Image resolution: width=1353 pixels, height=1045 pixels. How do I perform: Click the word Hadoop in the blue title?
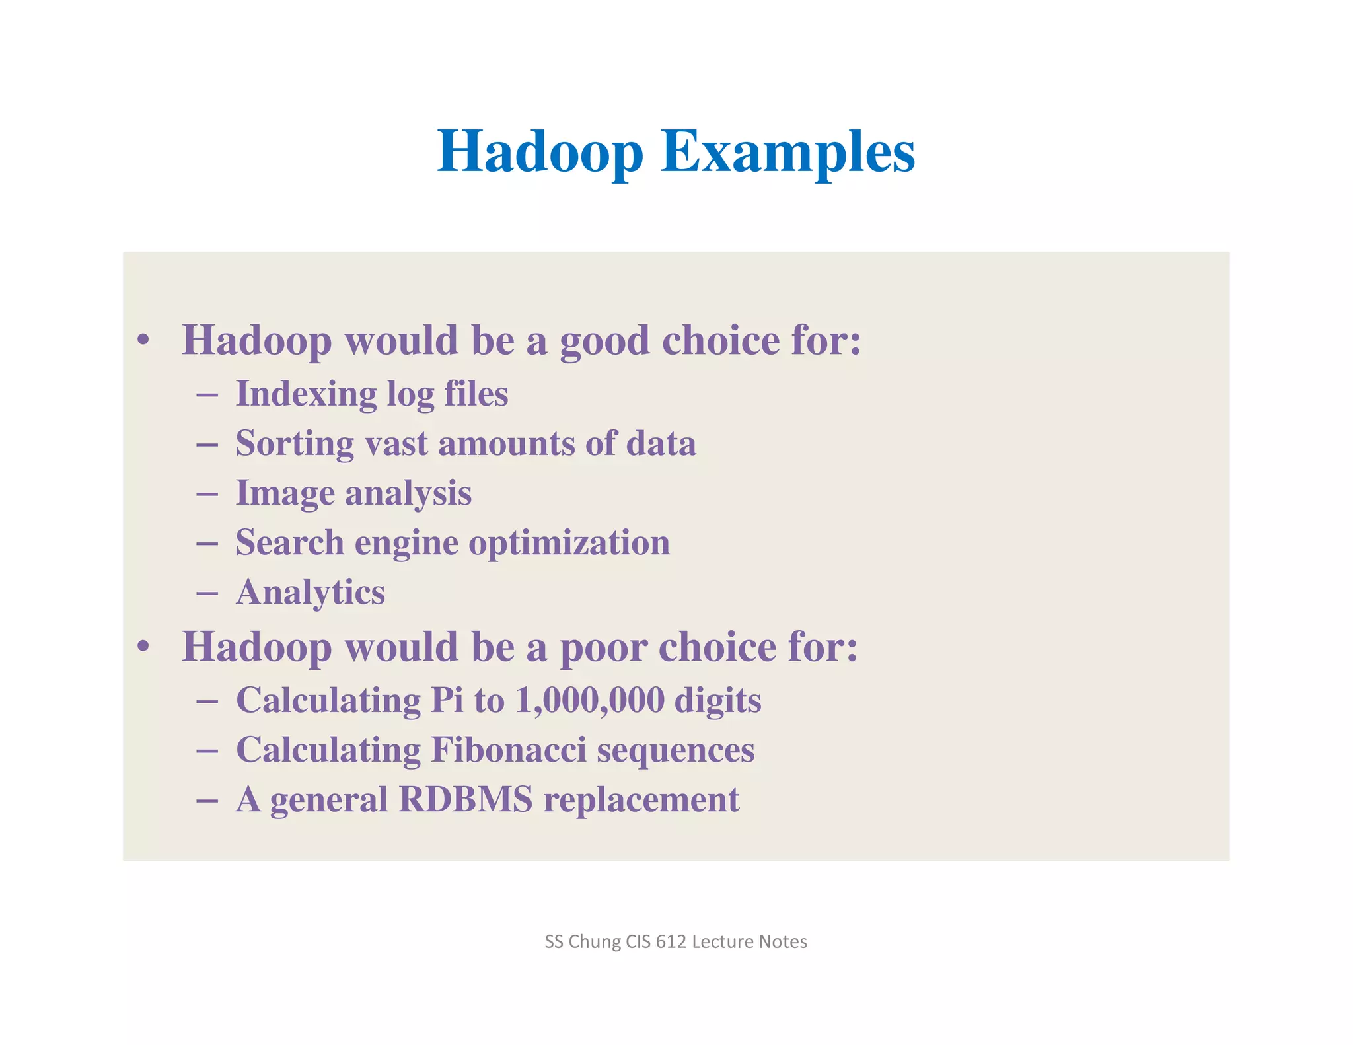(540, 152)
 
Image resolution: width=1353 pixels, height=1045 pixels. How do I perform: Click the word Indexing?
(306, 394)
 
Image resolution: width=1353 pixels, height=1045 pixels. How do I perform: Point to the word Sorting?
(295, 444)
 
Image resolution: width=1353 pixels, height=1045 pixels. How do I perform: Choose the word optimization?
(569, 543)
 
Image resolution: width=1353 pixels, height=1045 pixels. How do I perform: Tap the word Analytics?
(311, 593)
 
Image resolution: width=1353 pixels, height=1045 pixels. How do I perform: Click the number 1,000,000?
(589, 700)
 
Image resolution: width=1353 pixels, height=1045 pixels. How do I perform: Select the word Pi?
(447, 700)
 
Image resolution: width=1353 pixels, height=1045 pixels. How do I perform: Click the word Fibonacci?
(509, 750)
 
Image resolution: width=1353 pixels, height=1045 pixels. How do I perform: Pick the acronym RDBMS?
(466, 799)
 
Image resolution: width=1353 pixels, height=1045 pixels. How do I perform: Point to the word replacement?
(641, 799)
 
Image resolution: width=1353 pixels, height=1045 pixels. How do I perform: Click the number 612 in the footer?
(671, 941)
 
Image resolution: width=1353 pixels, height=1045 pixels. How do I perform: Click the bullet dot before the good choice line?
(143, 341)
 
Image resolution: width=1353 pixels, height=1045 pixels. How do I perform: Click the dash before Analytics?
(207, 593)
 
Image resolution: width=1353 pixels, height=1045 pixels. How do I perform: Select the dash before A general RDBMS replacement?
(207, 801)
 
